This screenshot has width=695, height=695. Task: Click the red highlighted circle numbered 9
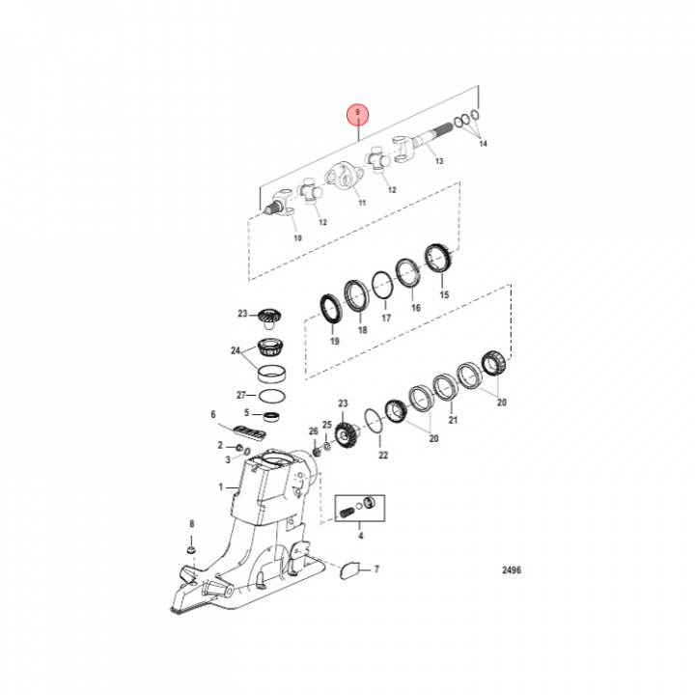pyautogui.click(x=358, y=115)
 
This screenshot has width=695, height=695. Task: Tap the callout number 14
pyautogui.click(x=484, y=144)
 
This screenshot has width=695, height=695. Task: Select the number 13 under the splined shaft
pyautogui.click(x=438, y=161)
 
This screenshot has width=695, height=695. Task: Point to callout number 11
pyautogui.click(x=362, y=204)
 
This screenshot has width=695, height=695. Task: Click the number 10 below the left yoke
pyautogui.click(x=297, y=236)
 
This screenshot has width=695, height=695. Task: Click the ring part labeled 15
pyautogui.click(x=440, y=261)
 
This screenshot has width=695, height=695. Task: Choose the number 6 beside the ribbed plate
pyautogui.click(x=213, y=414)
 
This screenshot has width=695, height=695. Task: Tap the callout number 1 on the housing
pyautogui.click(x=220, y=488)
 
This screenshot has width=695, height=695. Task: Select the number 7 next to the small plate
pyautogui.click(x=376, y=570)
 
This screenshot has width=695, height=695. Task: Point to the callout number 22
pyautogui.click(x=382, y=455)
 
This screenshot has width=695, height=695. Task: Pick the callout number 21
pyautogui.click(x=453, y=420)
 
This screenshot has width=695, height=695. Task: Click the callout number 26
pyautogui.click(x=313, y=431)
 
